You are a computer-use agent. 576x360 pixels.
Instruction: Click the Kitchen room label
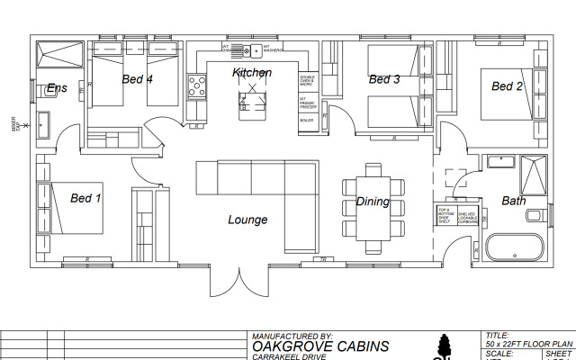pyautogui.click(x=251, y=72)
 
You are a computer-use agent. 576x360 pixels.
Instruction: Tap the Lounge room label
pyautogui.click(x=247, y=220)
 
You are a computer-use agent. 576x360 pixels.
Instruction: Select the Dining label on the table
pyautogui.click(x=373, y=202)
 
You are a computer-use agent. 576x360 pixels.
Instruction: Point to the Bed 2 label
pyautogui.click(x=507, y=86)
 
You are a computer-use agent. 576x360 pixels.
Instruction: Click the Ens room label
pyautogui.click(x=57, y=88)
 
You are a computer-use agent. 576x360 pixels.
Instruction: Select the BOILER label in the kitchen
pyautogui.click(x=307, y=120)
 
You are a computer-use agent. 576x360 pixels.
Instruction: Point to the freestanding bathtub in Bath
pyautogui.click(x=514, y=246)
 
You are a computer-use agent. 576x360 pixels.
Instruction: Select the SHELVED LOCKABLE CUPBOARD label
pyautogui.click(x=467, y=217)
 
